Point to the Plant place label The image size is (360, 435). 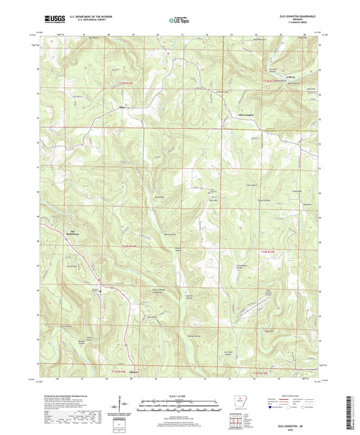coord(122,106)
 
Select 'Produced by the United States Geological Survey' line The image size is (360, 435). coord(72,394)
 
